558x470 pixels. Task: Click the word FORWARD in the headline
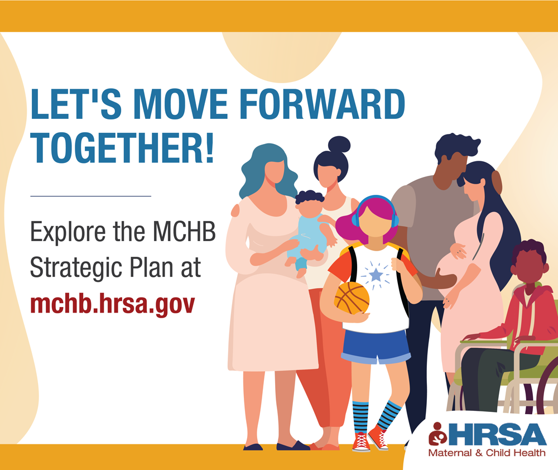click(x=322, y=104)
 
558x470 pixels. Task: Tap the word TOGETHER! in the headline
click(x=122, y=147)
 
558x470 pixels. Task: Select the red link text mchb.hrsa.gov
click(x=113, y=304)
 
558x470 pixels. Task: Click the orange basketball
click(x=352, y=299)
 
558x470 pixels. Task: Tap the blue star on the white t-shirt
click(x=376, y=275)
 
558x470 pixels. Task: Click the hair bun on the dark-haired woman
click(x=339, y=145)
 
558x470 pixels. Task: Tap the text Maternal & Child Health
click(x=487, y=453)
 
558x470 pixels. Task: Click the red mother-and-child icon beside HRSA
click(x=437, y=434)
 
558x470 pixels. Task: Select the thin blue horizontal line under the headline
click(x=91, y=196)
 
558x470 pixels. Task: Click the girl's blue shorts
click(x=376, y=347)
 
